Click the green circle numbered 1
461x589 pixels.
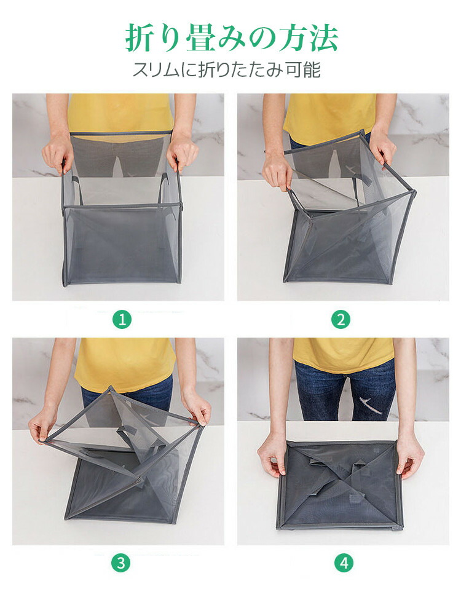(x=122, y=320)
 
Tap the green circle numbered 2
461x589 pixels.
(x=341, y=320)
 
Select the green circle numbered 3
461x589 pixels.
(x=120, y=563)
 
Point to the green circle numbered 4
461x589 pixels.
(x=344, y=563)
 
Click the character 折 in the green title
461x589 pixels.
(x=140, y=38)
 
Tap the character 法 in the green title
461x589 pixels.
(x=323, y=38)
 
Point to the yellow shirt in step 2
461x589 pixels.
(x=329, y=116)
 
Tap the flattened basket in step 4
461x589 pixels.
(x=340, y=485)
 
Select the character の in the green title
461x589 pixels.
(x=254, y=38)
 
